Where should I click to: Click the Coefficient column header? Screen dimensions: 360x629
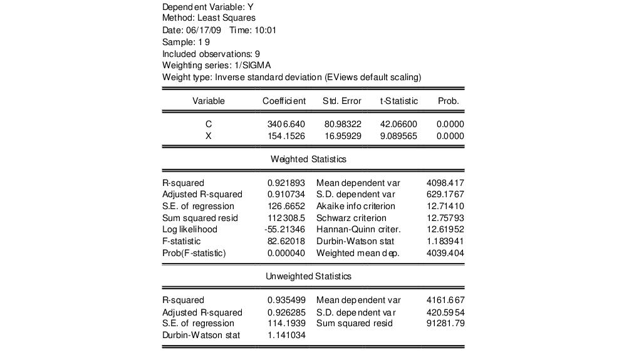[284, 101]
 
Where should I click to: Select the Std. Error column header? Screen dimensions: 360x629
[341, 101]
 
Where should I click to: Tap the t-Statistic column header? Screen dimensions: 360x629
[398, 101]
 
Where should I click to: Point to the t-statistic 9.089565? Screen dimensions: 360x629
[398, 136]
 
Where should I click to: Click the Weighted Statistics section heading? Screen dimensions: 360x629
[308, 159]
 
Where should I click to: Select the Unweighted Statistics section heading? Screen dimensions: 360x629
[308, 275]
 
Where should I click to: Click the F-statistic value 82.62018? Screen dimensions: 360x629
[286, 241]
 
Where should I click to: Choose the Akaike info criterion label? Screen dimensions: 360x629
[356, 206]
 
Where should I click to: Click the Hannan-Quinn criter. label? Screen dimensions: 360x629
[358, 229]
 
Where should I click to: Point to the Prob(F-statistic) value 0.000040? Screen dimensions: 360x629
[286, 253]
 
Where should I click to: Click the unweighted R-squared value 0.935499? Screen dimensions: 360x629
[286, 300]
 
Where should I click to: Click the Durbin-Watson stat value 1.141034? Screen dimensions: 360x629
[286, 335]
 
